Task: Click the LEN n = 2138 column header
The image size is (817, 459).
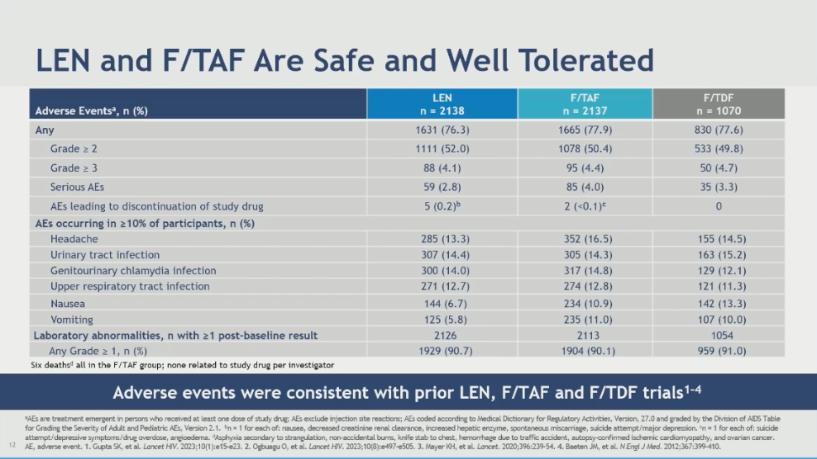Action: click(x=442, y=104)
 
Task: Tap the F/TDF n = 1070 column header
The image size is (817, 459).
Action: click(x=717, y=104)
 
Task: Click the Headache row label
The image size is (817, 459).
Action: click(x=74, y=239)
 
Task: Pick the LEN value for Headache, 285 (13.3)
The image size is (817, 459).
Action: click(x=442, y=239)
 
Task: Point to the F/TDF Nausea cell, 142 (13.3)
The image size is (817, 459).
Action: click(x=717, y=303)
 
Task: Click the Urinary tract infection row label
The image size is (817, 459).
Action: click(x=104, y=255)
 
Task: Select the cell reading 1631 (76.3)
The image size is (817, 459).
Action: click(x=442, y=130)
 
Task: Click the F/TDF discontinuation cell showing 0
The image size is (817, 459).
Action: click(x=717, y=206)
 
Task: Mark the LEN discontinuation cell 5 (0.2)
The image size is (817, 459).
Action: click(x=442, y=206)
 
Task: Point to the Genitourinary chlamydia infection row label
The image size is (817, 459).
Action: click(x=132, y=271)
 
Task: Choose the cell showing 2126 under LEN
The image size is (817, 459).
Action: click(x=442, y=335)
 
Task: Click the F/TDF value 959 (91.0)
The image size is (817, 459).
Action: click(x=717, y=351)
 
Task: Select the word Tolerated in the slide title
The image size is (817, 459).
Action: click(x=571, y=59)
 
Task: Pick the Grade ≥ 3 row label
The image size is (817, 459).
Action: click(x=74, y=168)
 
